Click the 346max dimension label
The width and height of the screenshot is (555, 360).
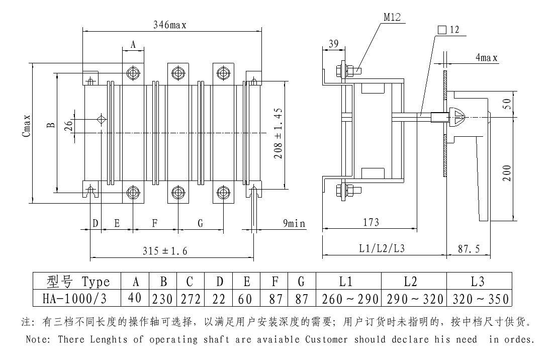point(170,26)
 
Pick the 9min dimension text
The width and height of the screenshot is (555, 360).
point(293,223)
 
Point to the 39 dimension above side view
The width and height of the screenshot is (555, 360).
point(333,44)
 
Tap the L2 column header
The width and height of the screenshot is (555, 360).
point(414,282)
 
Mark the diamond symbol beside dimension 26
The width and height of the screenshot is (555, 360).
point(101,119)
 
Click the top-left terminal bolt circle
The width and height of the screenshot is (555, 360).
point(133,73)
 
